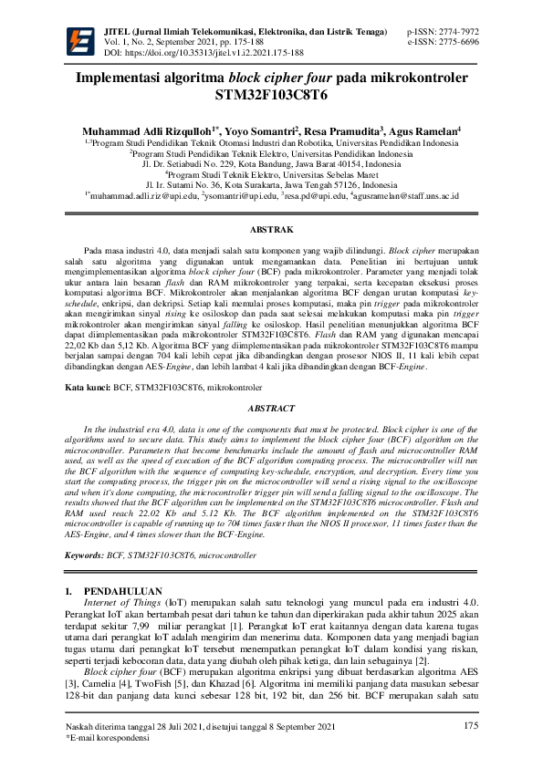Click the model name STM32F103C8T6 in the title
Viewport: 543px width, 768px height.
271,94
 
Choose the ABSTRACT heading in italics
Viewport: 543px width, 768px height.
271,410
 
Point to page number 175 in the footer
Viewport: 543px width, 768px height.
470,725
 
